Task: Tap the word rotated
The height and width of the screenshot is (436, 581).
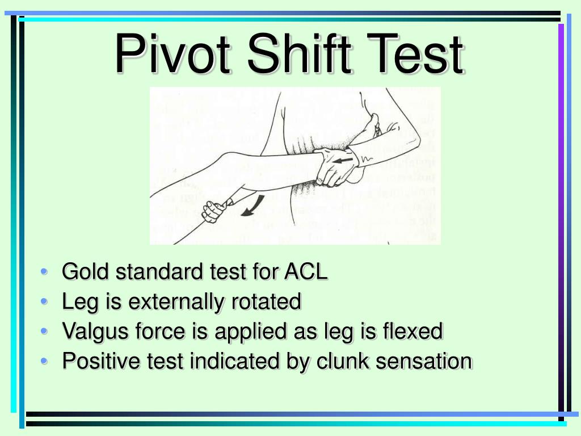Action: (266, 302)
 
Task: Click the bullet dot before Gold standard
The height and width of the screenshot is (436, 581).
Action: (45, 272)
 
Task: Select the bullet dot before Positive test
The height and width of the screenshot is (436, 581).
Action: (45, 361)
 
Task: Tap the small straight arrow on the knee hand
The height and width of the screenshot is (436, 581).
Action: (344, 161)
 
